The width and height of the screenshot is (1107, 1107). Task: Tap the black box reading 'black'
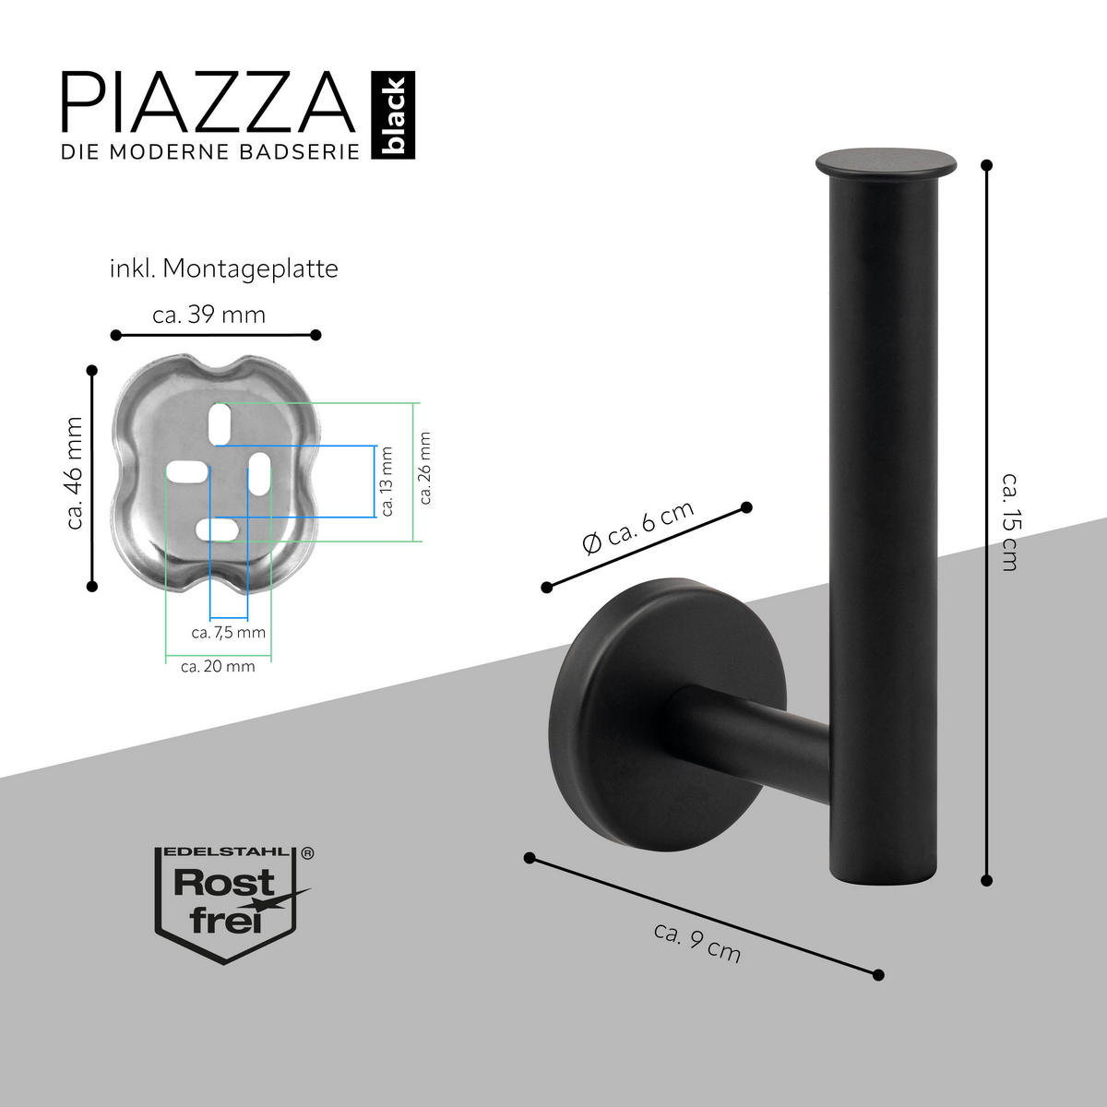(394, 116)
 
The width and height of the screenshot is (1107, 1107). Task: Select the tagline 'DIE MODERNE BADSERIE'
(209, 152)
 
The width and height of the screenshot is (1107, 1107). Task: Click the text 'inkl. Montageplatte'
(223, 268)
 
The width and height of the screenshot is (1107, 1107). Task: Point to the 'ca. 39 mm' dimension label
(209, 315)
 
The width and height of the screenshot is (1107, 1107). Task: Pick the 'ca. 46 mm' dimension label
(75, 473)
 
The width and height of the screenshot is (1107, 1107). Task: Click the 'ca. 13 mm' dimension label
(387, 482)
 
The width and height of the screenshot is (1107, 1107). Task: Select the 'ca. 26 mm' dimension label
(425, 470)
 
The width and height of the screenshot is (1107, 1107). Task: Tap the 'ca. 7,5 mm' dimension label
(228, 633)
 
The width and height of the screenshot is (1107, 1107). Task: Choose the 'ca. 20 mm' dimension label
(218, 666)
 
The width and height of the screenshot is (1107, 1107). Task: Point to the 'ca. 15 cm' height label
(1010, 522)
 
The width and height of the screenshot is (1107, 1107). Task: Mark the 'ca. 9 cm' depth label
(697, 942)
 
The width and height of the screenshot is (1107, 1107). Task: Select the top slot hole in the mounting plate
(221, 423)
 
